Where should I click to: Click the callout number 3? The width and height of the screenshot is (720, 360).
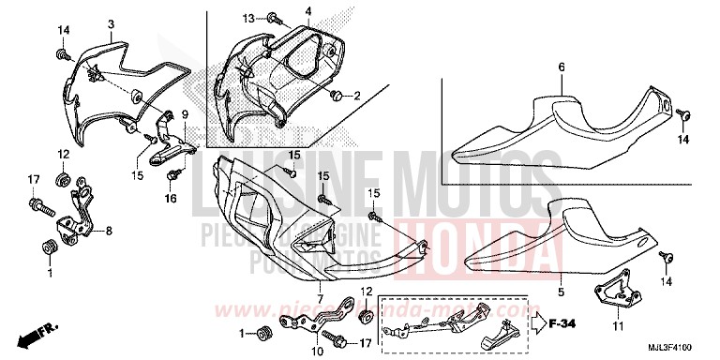pyautogui.click(x=111, y=23)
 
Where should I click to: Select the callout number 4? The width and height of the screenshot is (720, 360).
pyautogui.click(x=280, y=10)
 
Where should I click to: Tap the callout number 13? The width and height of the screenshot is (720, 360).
pyautogui.click(x=248, y=18)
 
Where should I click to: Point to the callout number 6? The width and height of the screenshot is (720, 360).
pyautogui.click(x=562, y=67)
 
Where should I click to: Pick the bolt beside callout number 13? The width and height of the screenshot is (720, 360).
pyautogui.click(x=270, y=16)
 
